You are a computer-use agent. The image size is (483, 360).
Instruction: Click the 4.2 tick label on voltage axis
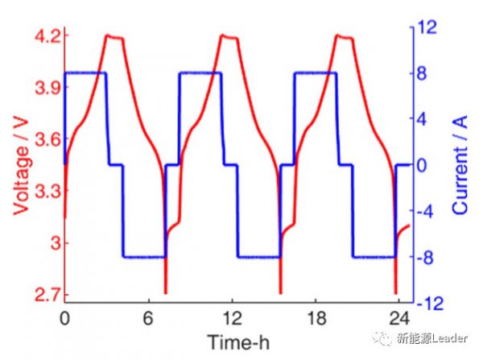tap(47, 37)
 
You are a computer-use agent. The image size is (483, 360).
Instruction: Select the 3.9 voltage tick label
tap(47, 88)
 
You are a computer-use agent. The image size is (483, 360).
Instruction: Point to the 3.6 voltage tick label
tap(47, 139)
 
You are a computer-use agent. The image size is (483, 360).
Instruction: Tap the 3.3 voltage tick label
tap(47, 192)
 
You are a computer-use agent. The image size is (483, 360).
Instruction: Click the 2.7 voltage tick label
tap(47, 295)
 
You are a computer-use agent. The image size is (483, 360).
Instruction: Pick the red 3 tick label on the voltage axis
tap(56, 243)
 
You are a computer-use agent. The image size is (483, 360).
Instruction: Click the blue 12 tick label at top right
tap(427, 27)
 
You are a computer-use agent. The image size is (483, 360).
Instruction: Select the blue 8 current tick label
tap(422, 73)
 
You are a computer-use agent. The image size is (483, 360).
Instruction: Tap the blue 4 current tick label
tap(422, 119)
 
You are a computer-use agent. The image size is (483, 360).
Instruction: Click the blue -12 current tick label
tap(430, 304)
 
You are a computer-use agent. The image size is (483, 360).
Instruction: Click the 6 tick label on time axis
tap(148, 318)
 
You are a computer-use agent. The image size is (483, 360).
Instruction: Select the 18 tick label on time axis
tap(316, 318)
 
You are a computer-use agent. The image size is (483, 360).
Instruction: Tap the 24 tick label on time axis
tap(399, 318)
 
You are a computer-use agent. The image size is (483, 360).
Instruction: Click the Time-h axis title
tap(238, 342)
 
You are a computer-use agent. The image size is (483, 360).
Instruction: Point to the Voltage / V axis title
tap(21, 166)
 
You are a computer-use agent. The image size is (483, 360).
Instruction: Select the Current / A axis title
tap(460, 165)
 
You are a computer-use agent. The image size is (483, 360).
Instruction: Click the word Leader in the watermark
tap(449, 338)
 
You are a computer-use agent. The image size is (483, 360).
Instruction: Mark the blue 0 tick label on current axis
tap(422, 165)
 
